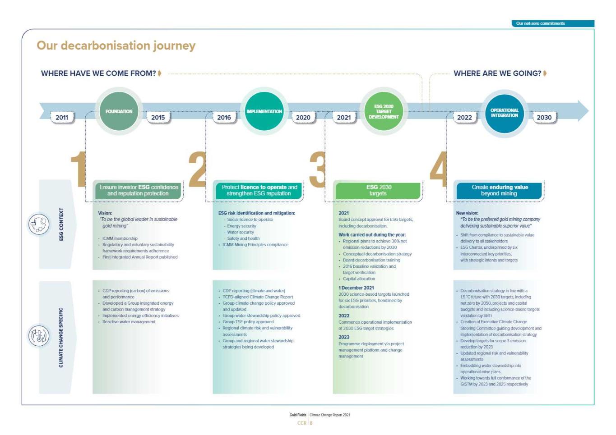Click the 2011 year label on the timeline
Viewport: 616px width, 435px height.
(x=62, y=117)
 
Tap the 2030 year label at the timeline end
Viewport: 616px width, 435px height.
(x=544, y=117)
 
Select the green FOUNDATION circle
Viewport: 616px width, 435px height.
(x=119, y=111)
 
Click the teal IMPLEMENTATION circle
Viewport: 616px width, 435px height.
(x=264, y=111)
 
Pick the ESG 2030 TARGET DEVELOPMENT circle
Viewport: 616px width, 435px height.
(x=384, y=111)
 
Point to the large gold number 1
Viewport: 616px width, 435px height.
(x=79, y=169)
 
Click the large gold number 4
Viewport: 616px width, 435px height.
(x=438, y=169)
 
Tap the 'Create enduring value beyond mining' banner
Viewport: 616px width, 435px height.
(x=499, y=190)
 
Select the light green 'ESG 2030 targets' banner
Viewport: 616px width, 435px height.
(x=378, y=190)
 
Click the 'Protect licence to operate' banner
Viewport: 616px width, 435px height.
(x=259, y=190)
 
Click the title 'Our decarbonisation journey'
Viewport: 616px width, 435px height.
(x=116, y=46)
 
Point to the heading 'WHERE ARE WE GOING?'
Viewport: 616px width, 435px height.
(x=497, y=73)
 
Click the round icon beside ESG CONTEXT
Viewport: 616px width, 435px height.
(x=39, y=224)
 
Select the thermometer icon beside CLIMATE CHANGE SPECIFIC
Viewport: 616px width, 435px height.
(x=39, y=336)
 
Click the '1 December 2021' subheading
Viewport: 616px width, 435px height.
(x=356, y=288)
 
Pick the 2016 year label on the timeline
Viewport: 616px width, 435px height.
(x=224, y=117)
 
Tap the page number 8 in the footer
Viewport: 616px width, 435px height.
(x=311, y=423)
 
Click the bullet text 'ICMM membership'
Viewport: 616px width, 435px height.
(x=120, y=238)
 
